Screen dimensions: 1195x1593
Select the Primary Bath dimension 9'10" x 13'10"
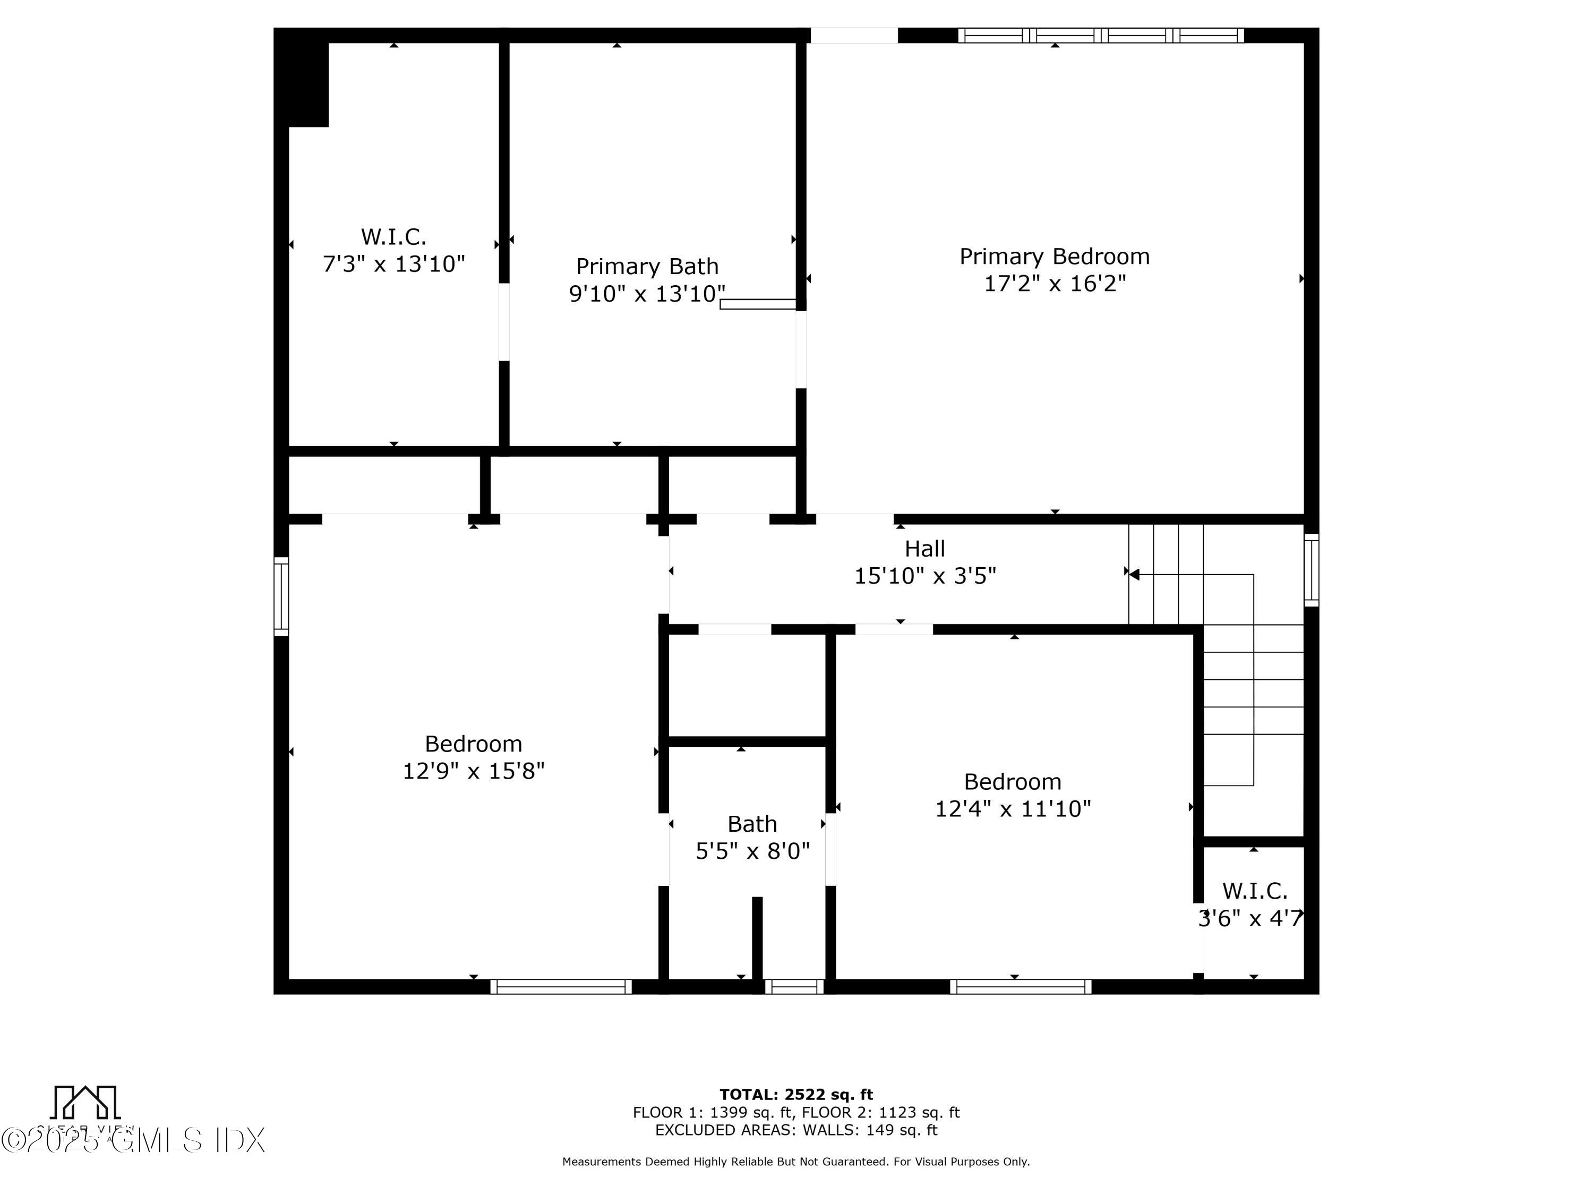coord(647,294)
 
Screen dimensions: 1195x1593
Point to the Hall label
coord(924,549)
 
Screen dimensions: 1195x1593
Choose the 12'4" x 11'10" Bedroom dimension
coord(1013,809)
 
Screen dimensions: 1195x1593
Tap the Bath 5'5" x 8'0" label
coord(752,837)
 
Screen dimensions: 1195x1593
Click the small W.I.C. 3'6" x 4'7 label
coord(1252,904)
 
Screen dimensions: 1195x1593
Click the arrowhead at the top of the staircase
coord(1134,574)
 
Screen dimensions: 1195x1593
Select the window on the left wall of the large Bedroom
coord(281,596)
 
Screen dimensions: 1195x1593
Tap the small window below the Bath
coord(794,986)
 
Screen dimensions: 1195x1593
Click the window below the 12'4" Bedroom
coord(1021,986)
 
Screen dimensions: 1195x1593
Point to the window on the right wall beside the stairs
coord(1312,570)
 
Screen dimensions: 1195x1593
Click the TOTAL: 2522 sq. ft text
coord(796,1095)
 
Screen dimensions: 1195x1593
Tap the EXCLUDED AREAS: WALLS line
coord(796,1130)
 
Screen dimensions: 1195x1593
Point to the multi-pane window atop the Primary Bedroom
coord(1100,35)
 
